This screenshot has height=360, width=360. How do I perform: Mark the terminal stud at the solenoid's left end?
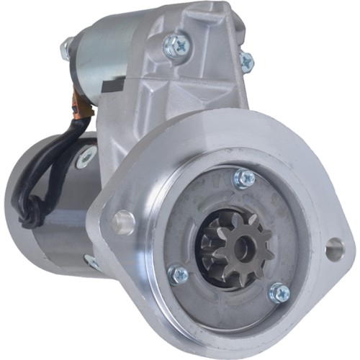66,48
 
